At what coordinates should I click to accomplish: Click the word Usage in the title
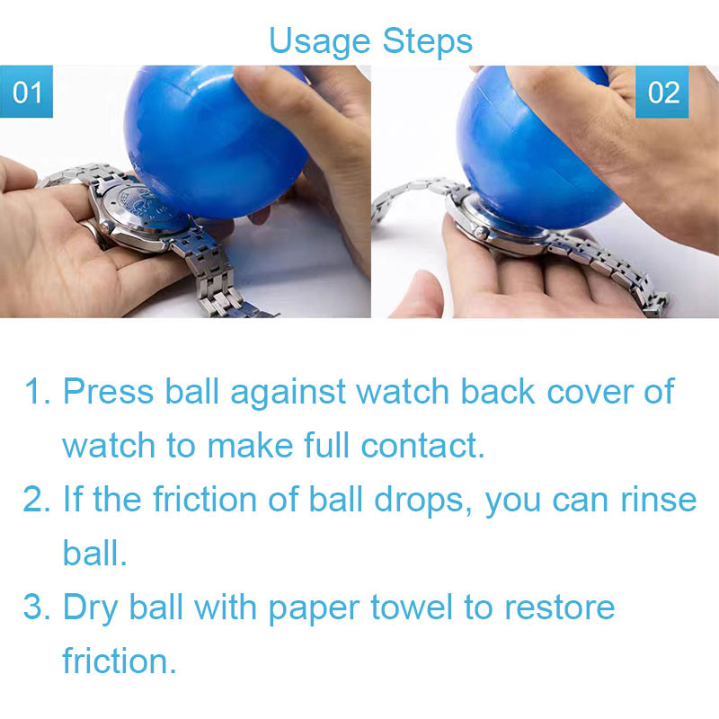(x=319, y=42)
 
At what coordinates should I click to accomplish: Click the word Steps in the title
(x=428, y=41)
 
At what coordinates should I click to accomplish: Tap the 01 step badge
(x=27, y=92)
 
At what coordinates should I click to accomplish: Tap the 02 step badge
(x=662, y=92)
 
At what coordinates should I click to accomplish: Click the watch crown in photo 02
(x=482, y=234)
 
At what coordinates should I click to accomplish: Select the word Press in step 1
(x=108, y=392)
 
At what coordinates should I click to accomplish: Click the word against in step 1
(x=288, y=393)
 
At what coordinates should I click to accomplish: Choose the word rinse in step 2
(x=659, y=500)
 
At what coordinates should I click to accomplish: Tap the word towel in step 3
(x=412, y=608)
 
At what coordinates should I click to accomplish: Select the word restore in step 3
(x=559, y=608)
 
